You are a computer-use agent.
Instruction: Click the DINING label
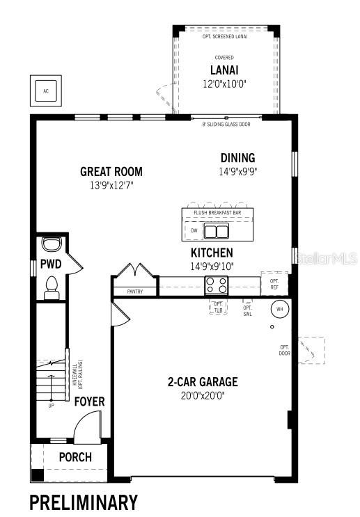237,158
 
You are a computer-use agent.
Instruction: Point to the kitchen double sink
216,230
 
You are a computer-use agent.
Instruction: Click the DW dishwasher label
194,230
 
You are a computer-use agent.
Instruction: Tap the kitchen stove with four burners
215,285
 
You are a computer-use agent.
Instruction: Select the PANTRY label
134,292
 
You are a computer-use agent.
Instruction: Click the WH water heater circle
280,308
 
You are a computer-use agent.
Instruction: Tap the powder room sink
52,244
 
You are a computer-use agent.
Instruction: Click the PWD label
50,264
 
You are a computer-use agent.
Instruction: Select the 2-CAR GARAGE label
202,382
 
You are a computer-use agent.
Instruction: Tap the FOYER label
90,402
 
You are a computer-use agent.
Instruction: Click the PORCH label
75,457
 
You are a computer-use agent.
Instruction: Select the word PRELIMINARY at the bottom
83,502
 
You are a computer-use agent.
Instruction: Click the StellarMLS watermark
327,259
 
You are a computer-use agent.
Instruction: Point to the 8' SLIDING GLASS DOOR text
226,125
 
